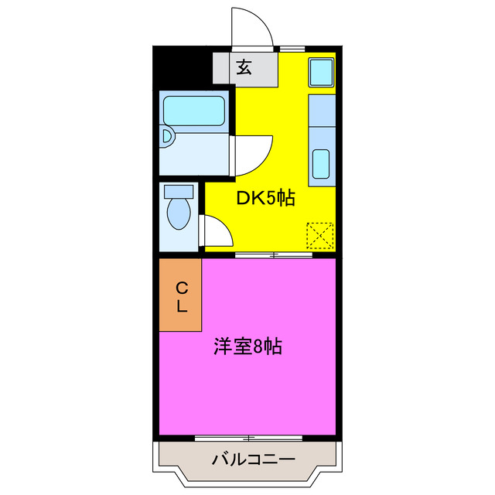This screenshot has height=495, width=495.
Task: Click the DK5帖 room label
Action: (x=265, y=198)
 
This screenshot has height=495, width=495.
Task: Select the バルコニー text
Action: (x=253, y=460)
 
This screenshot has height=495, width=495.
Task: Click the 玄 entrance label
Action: (x=244, y=67)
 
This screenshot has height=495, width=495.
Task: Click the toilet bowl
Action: (x=179, y=213)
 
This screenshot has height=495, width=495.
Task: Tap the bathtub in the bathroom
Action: (x=193, y=110)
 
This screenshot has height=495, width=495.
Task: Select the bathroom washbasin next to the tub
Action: (x=168, y=138)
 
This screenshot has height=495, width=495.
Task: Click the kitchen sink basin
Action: (x=320, y=164)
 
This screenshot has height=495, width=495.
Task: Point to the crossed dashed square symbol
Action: (x=319, y=235)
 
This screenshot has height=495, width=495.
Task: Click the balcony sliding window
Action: (x=247, y=439)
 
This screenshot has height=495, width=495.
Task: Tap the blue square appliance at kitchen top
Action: (x=321, y=73)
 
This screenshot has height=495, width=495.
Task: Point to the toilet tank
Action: (x=179, y=190)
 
